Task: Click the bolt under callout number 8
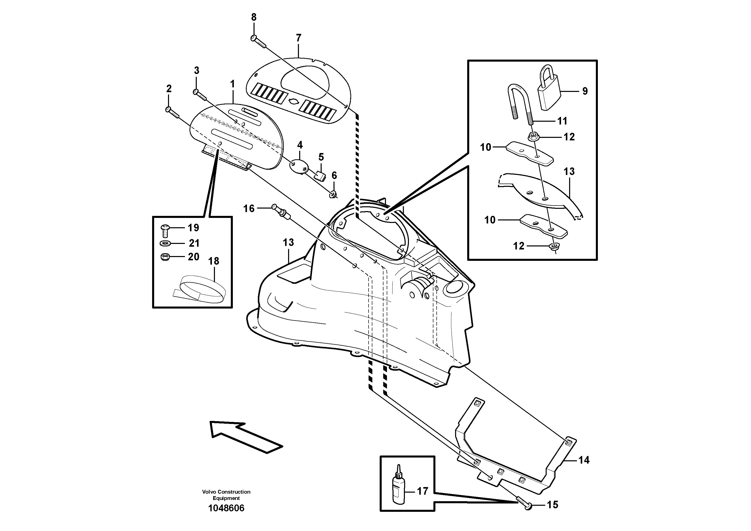[x=258, y=42]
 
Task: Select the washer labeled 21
[x=165, y=243]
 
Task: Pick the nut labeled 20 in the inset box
[x=165, y=257]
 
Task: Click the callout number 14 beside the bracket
[x=584, y=460]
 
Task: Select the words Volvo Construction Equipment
[x=226, y=495]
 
